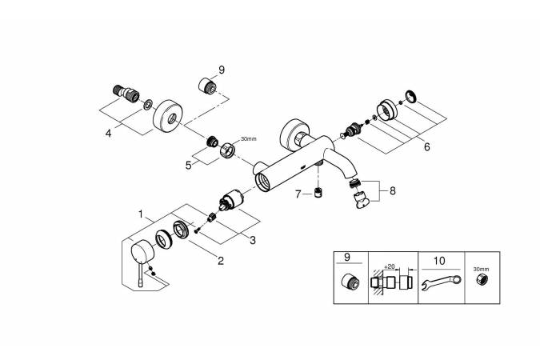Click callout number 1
[142, 214]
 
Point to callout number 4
[109, 134]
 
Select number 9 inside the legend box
[346, 258]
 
